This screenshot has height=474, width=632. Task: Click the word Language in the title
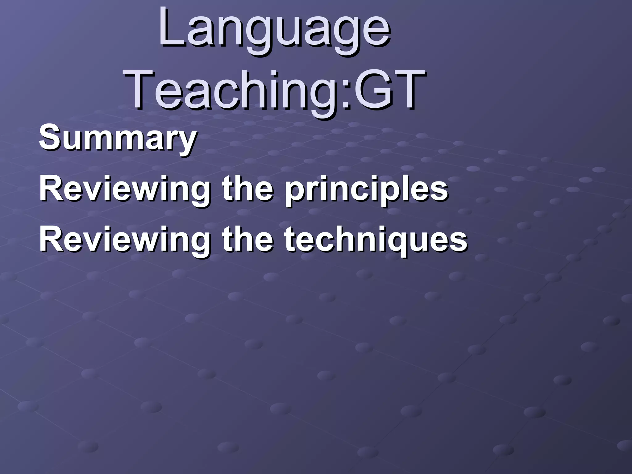(x=275, y=31)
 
